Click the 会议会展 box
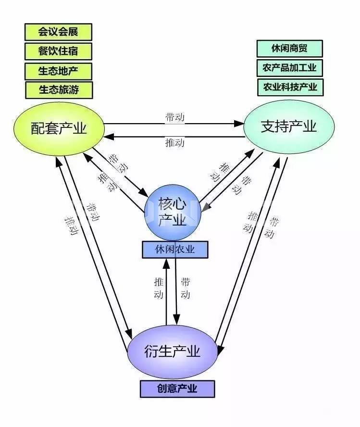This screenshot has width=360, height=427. coord(58,32)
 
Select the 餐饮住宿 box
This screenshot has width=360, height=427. coord(58,51)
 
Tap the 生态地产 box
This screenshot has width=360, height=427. coord(58,71)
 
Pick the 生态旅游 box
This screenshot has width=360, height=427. coord(59,89)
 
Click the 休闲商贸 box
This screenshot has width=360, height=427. coord(289,49)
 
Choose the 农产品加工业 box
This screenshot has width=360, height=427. coord(290,68)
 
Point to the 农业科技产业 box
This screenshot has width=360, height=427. coord(290,87)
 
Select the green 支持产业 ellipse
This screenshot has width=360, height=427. coord(288,127)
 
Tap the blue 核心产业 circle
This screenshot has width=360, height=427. coord(172,213)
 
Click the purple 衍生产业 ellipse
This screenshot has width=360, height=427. coord(172,352)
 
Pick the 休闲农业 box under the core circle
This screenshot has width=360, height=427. coord(175,250)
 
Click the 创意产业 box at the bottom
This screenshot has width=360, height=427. coord(177,389)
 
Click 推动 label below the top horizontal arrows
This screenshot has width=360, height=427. coord(174,143)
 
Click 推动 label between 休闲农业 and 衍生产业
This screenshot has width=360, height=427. coord(159,288)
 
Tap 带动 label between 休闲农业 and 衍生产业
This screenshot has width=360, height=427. coord(185,288)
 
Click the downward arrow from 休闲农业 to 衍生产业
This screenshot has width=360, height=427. coord(175,298)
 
